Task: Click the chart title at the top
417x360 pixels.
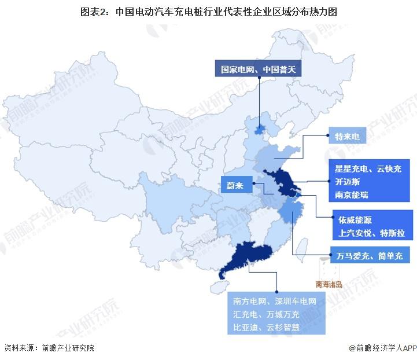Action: tap(208, 11)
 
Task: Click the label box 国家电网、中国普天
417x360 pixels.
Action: tap(258, 69)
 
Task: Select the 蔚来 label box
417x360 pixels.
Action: tap(237, 186)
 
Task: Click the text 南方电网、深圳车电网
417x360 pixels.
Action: tap(275, 302)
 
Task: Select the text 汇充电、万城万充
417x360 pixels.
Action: tap(266, 314)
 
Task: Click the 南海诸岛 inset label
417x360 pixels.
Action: tap(329, 284)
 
